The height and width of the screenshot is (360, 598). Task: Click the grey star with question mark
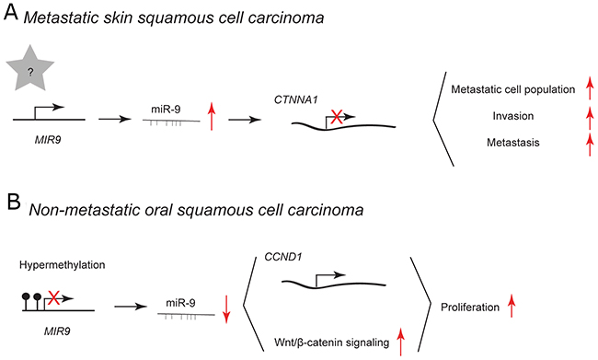(30, 69)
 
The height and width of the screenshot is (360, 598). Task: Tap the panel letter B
(14, 202)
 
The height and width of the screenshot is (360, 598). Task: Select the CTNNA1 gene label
(296, 100)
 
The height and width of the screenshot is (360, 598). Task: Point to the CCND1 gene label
(283, 257)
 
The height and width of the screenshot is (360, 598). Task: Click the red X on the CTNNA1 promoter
(336, 116)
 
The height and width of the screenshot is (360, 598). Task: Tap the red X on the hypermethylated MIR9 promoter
(53, 297)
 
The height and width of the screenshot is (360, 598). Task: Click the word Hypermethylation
(63, 265)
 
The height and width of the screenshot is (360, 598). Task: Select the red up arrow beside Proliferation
(511, 307)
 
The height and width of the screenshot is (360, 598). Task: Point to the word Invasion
(513, 116)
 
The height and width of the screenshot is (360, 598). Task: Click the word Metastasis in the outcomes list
(513, 143)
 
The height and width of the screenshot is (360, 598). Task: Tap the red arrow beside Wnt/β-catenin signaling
(400, 342)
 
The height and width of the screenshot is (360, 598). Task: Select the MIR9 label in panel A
(48, 140)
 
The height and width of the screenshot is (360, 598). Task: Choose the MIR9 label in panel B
(57, 331)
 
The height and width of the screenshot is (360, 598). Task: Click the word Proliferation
(470, 308)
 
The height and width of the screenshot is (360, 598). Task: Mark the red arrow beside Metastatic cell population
(590, 88)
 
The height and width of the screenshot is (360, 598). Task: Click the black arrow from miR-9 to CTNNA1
(245, 120)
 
